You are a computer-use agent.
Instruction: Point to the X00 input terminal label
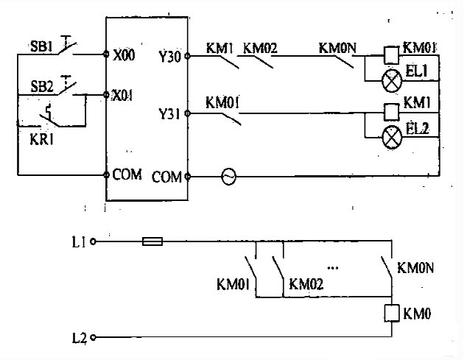(x=124, y=55)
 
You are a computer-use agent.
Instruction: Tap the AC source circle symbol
(x=229, y=177)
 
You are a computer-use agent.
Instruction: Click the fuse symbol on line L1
(x=151, y=241)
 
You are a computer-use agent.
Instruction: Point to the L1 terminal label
(x=80, y=241)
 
